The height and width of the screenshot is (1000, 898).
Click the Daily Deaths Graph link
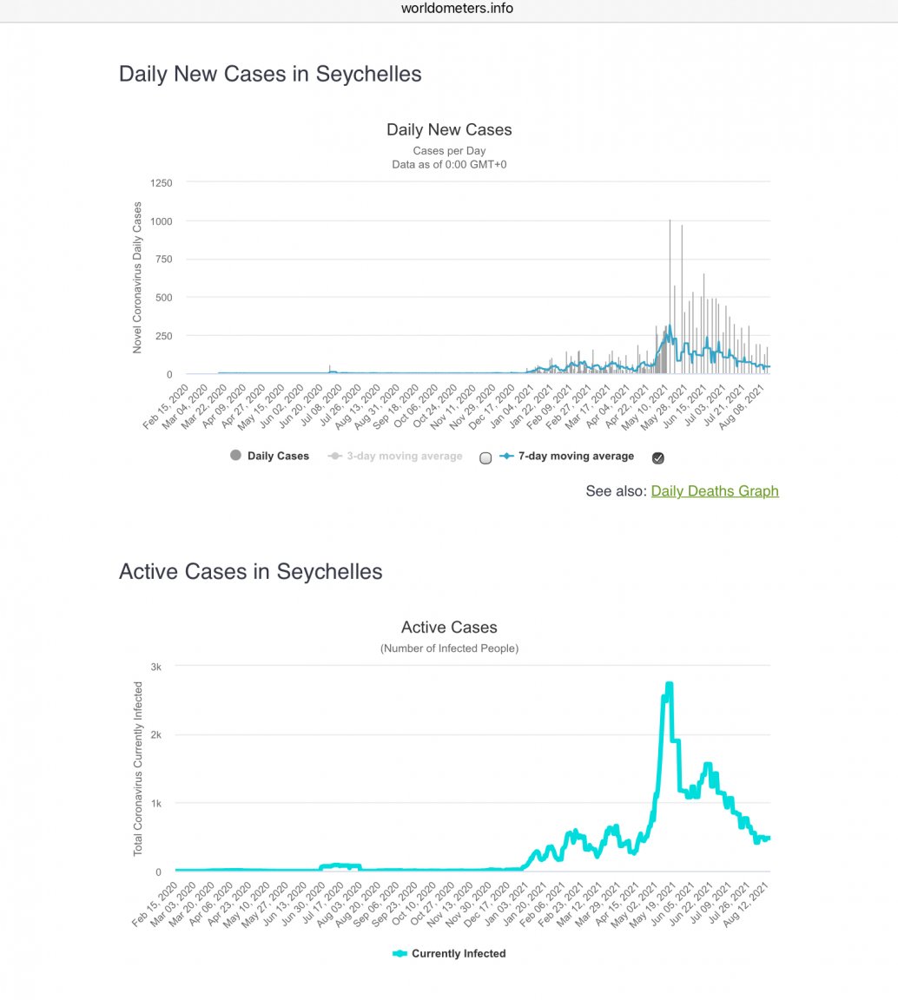click(x=714, y=491)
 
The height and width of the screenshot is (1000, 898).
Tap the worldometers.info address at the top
click(x=457, y=9)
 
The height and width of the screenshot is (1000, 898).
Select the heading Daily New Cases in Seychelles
click(x=270, y=75)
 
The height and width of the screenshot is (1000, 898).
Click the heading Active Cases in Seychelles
click(x=250, y=572)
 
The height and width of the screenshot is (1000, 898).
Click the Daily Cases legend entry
click(x=277, y=456)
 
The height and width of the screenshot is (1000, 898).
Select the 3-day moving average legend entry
click(x=404, y=456)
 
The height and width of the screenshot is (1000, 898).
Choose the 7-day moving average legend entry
click(x=576, y=456)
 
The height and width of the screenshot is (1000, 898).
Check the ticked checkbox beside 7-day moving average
click(x=658, y=458)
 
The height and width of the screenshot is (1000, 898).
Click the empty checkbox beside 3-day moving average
click(x=485, y=458)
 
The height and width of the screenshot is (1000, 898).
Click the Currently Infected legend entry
click(x=458, y=953)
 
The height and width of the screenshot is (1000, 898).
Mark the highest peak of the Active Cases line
click(x=669, y=685)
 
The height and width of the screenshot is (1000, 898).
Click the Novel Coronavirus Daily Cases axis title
click(x=137, y=277)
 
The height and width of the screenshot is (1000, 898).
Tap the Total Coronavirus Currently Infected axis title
click(x=137, y=768)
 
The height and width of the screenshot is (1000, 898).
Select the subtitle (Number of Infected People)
click(x=449, y=648)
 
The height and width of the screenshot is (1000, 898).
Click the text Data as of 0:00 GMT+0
click(x=449, y=163)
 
